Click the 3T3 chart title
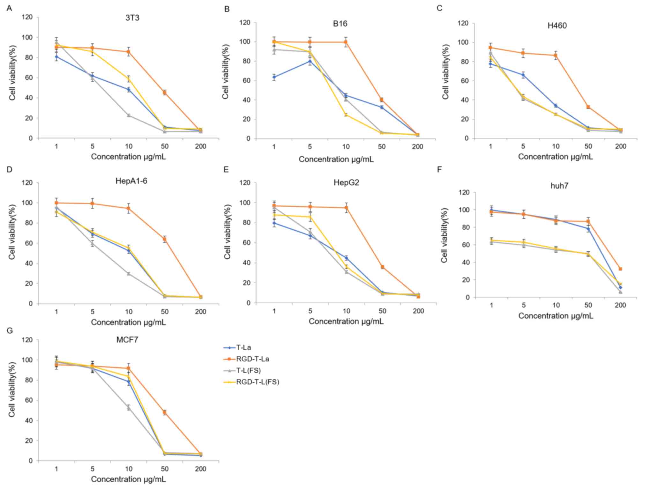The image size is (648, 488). click(132, 18)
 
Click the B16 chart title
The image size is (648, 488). click(340, 24)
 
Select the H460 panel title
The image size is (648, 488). click(557, 26)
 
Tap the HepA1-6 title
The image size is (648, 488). click(131, 181)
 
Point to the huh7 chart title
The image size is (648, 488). click(559, 186)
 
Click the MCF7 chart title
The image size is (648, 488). click(127, 340)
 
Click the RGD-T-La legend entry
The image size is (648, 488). click(252, 359)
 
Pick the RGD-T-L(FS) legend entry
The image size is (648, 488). click(257, 382)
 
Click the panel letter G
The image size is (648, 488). click(10, 330)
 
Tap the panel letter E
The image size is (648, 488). click(226, 169)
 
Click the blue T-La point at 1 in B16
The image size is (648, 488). click(274, 77)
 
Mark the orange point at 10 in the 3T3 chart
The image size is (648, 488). click(129, 52)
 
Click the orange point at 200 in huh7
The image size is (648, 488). click(620, 269)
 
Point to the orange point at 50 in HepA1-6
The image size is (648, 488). click(165, 239)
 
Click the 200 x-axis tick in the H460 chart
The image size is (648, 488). click(621, 146)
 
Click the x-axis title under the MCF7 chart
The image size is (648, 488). click(128, 479)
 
